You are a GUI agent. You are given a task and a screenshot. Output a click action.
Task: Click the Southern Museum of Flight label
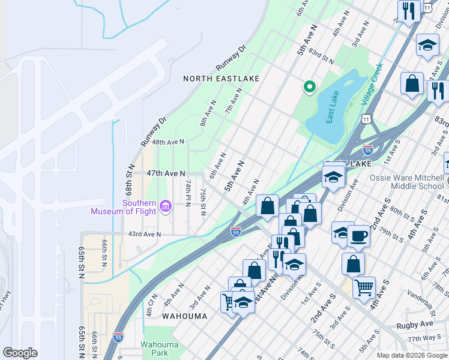(x=123, y=207)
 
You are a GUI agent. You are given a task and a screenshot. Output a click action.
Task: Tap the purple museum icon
(x=166, y=208)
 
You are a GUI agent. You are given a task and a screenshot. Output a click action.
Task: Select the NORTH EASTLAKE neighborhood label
(x=221, y=79)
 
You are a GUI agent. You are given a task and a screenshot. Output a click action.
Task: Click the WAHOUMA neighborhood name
(x=185, y=316)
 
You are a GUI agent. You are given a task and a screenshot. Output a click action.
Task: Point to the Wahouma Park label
(x=155, y=349)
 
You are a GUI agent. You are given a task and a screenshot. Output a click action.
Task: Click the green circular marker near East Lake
(x=310, y=88)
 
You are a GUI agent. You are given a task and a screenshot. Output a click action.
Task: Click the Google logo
(x=20, y=353)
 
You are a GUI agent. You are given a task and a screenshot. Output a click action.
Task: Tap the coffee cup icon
(x=358, y=235)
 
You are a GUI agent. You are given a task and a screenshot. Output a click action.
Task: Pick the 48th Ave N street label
(x=167, y=142)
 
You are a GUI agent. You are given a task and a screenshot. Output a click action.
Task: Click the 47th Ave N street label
(x=166, y=173)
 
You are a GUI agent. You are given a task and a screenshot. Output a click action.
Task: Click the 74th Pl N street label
(x=188, y=193)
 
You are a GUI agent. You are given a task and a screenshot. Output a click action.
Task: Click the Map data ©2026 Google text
(x=411, y=355)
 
